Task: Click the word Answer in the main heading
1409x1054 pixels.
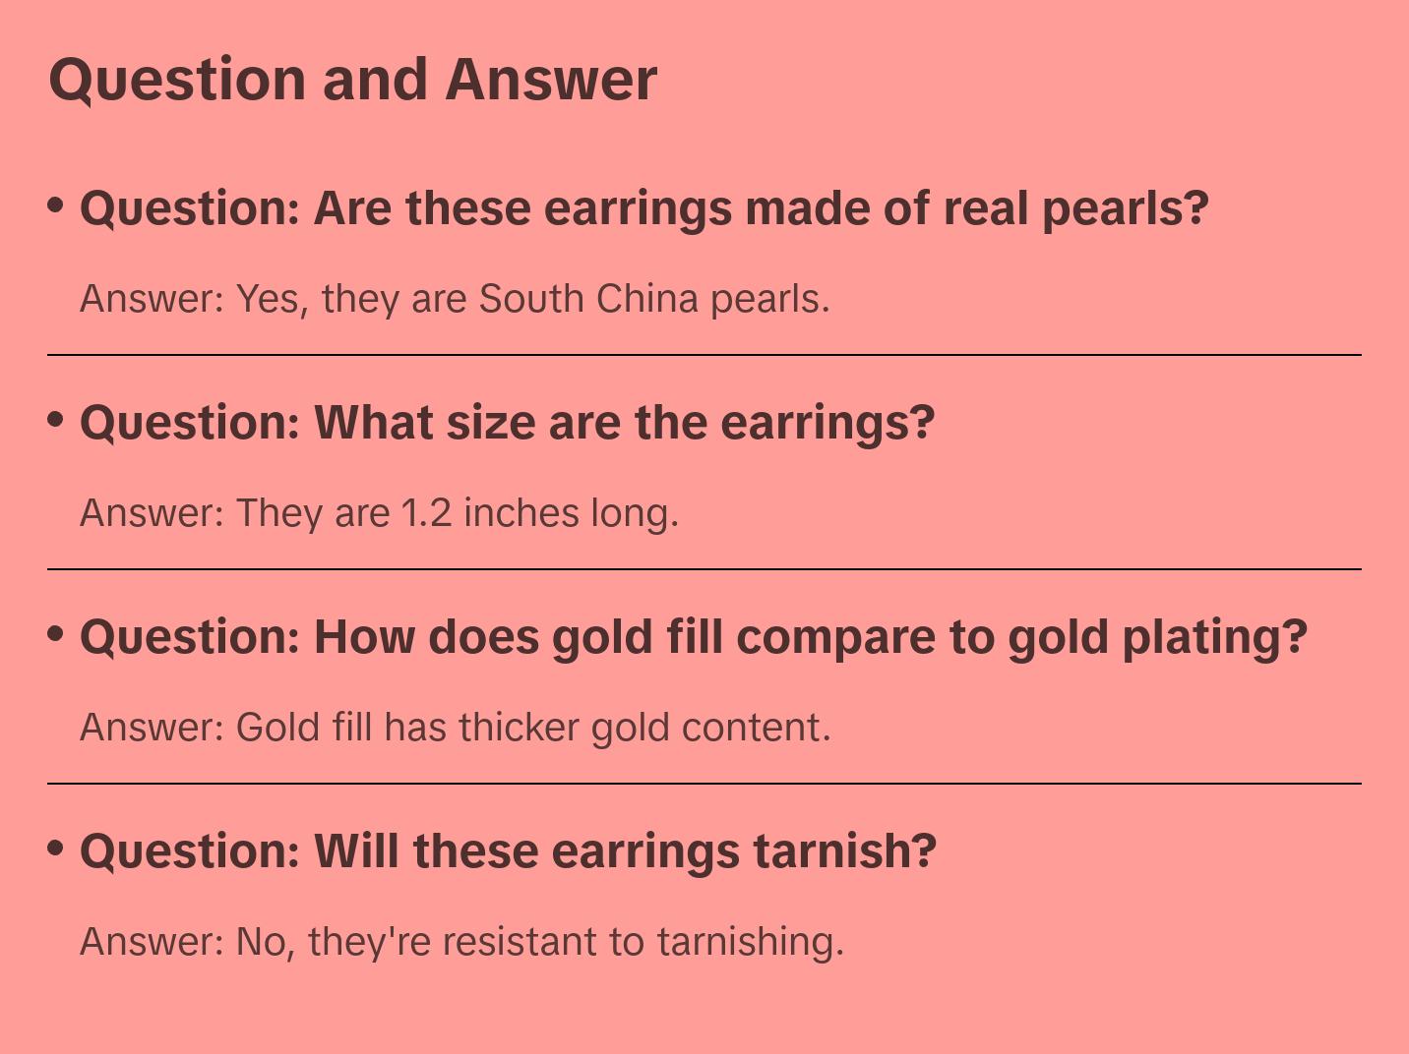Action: coord(551,79)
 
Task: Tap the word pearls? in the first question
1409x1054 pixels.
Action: coord(1125,208)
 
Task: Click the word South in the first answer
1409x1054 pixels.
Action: coord(531,299)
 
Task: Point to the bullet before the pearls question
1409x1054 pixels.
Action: coord(56,205)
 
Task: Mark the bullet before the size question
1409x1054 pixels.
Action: coord(56,419)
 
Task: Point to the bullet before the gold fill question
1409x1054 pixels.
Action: coord(56,633)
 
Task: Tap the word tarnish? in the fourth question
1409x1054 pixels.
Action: coord(845,851)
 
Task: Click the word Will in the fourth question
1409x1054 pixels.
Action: coord(356,851)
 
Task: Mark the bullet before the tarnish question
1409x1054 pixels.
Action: coord(56,848)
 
